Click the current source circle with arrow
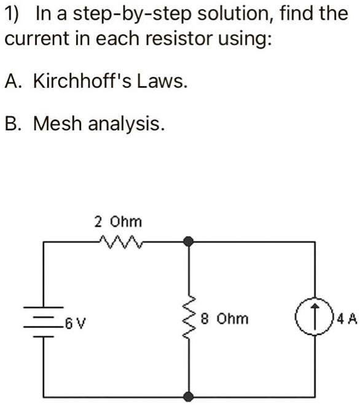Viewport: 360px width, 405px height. (x=315, y=319)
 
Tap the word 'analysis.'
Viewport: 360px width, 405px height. (x=127, y=125)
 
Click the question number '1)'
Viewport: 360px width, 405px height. (x=13, y=14)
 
